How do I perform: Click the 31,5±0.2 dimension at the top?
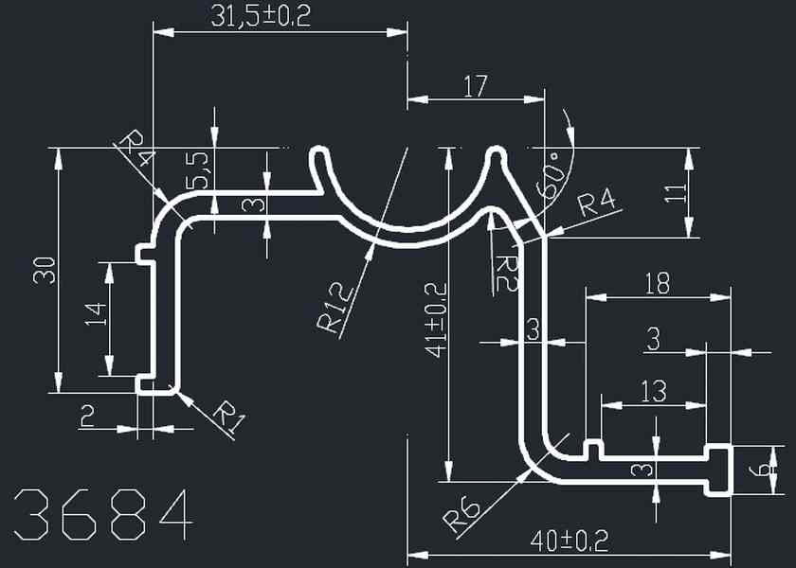click(x=258, y=16)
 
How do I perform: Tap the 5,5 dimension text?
click(x=200, y=171)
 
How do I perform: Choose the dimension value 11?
click(x=674, y=194)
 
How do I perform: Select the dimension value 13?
click(x=653, y=389)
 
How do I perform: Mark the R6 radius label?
click(x=461, y=512)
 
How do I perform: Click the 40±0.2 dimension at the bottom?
click(x=569, y=541)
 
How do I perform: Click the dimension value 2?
click(x=87, y=416)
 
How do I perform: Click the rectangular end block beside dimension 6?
click(x=719, y=469)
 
